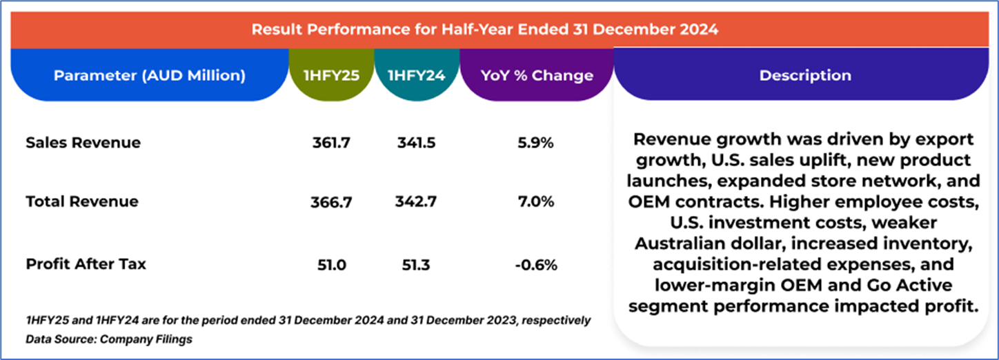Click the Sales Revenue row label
(x=83, y=143)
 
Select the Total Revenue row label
(x=82, y=201)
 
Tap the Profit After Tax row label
(x=86, y=263)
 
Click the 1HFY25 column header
(x=331, y=75)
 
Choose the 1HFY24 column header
(x=417, y=75)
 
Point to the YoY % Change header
(x=536, y=75)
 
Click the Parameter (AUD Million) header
(x=149, y=75)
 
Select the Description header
(x=805, y=75)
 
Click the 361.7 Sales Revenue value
(x=332, y=143)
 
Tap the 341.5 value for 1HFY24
(x=417, y=143)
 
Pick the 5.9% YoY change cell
(x=536, y=143)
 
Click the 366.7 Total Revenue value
(x=332, y=202)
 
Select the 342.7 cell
(x=417, y=202)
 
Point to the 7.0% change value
(x=536, y=202)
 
